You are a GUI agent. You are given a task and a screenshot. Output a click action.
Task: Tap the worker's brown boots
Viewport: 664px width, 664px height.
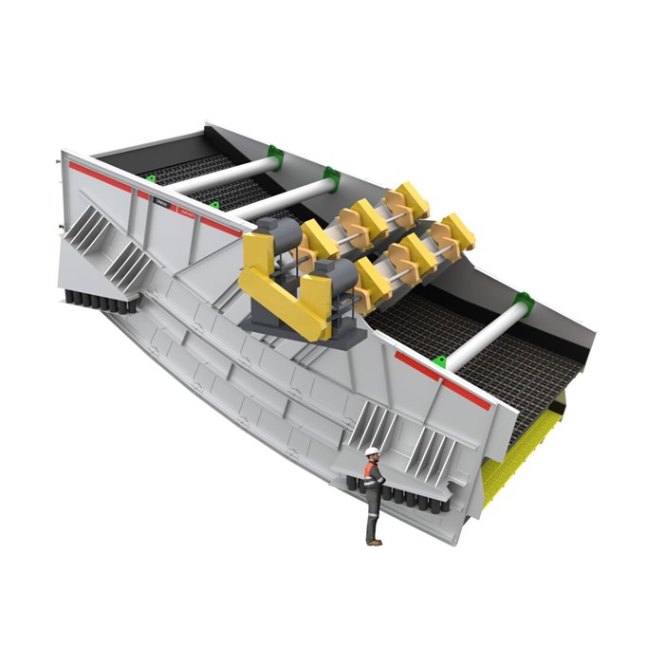374,541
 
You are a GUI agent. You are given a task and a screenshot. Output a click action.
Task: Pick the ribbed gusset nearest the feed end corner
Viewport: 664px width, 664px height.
91,228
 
